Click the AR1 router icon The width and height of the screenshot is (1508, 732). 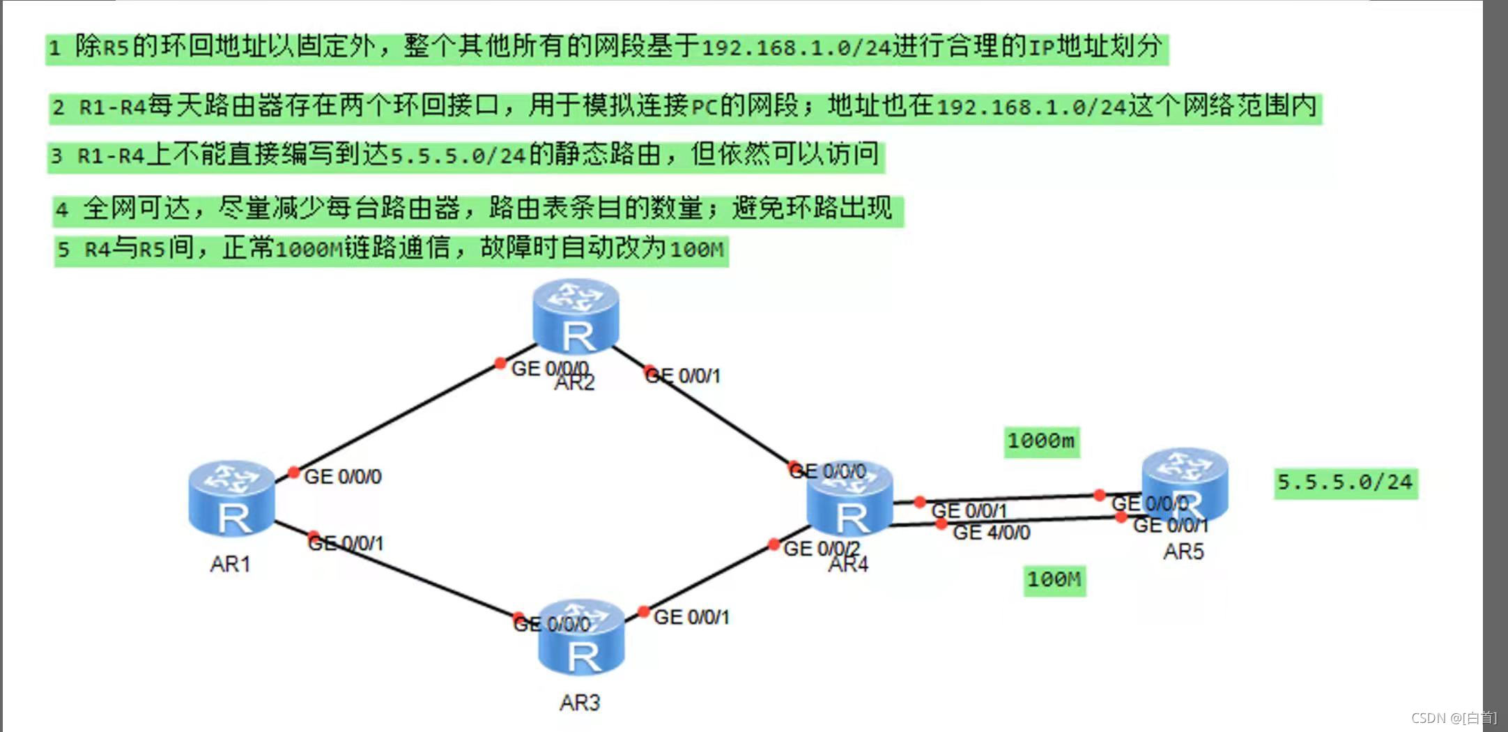tap(231, 498)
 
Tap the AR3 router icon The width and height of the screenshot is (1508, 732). tap(581, 638)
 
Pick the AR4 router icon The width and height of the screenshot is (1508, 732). tap(849, 499)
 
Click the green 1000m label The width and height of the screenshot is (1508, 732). tap(1041, 441)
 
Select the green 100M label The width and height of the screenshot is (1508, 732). tap(1054, 580)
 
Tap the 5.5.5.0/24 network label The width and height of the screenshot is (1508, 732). tap(1345, 482)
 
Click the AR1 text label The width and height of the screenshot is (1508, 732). tap(230, 564)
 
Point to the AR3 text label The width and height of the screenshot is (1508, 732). tap(580, 703)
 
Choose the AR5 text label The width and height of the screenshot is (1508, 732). tap(1183, 552)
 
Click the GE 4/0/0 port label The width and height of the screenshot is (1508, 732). tap(991, 533)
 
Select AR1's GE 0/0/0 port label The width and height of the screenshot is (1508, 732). tap(343, 477)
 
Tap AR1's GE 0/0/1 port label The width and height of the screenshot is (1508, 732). tap(346, 543)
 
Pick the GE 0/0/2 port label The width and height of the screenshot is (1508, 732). tap(821, 549)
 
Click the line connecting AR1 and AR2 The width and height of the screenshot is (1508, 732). tap(397, 418)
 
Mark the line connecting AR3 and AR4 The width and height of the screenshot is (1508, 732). tap(707, 580)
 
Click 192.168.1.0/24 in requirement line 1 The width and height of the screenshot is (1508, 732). tap(797, 47)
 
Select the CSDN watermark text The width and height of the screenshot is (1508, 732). tap(1453, 718)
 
